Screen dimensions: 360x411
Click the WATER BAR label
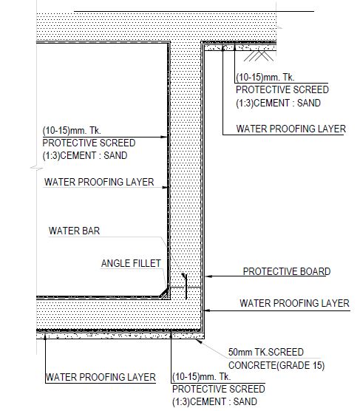(74, 231)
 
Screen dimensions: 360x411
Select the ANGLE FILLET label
(131, 263)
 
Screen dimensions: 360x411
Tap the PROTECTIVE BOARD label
(287, 271)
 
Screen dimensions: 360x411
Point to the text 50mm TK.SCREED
(266, 352)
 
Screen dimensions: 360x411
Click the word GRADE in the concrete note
(294, 365)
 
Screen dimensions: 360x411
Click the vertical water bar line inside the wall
(186, 287)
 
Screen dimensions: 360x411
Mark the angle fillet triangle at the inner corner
(165, 293)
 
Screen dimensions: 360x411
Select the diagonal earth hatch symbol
(259, 56)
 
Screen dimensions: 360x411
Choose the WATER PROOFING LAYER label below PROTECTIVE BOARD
(294, 303)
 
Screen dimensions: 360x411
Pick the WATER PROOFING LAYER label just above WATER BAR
(99, 182)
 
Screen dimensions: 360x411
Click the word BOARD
(315, 271)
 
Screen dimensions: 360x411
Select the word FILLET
(146, 263)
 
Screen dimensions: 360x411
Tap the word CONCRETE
(252, 365)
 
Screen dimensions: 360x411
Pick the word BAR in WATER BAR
(91, 231)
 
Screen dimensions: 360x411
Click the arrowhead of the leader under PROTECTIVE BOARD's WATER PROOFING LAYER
(208, 310)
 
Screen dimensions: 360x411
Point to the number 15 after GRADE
(318, 365)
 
